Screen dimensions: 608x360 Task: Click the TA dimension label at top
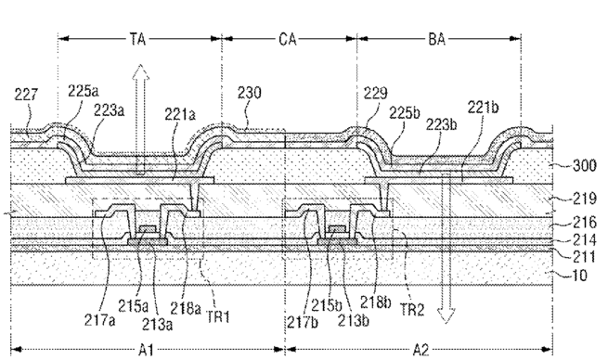(x=137, y=39)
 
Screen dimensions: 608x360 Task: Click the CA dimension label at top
(x=288, y=39)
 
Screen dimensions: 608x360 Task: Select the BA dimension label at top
(x=436, y=39)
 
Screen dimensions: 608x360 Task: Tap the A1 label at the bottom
(x=146, y=350)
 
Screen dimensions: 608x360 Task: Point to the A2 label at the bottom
(x=420, y=350)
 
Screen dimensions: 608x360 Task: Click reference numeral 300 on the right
(x=585, y=165)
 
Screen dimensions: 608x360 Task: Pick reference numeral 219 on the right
(x=585, y=199)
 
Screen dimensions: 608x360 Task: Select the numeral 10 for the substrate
(x=580, y=276)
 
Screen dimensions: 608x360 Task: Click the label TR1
(x=218, y=317)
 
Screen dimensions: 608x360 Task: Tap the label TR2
(x=412, y=309)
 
